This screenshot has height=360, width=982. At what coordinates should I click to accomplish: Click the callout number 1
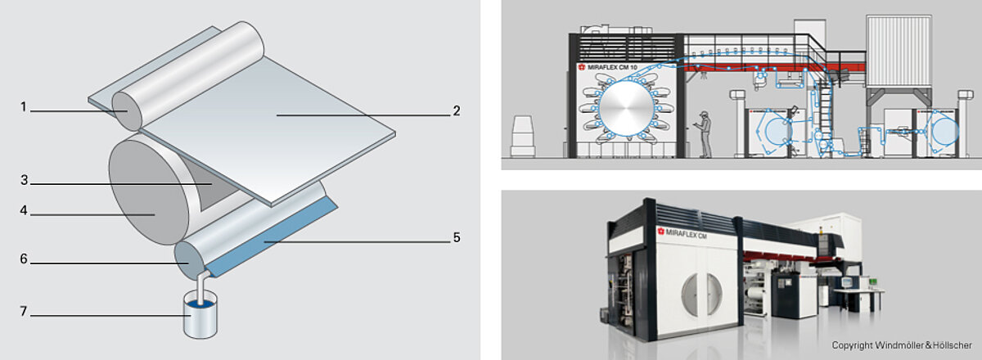tap(25, 106)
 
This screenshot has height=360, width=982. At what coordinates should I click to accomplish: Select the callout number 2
tap(457, 110)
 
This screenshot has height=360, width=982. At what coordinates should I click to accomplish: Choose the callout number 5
tap(457, 238)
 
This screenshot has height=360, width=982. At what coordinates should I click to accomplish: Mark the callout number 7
tap(25, 312)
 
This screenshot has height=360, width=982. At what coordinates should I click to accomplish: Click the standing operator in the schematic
tap(704, 131)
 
